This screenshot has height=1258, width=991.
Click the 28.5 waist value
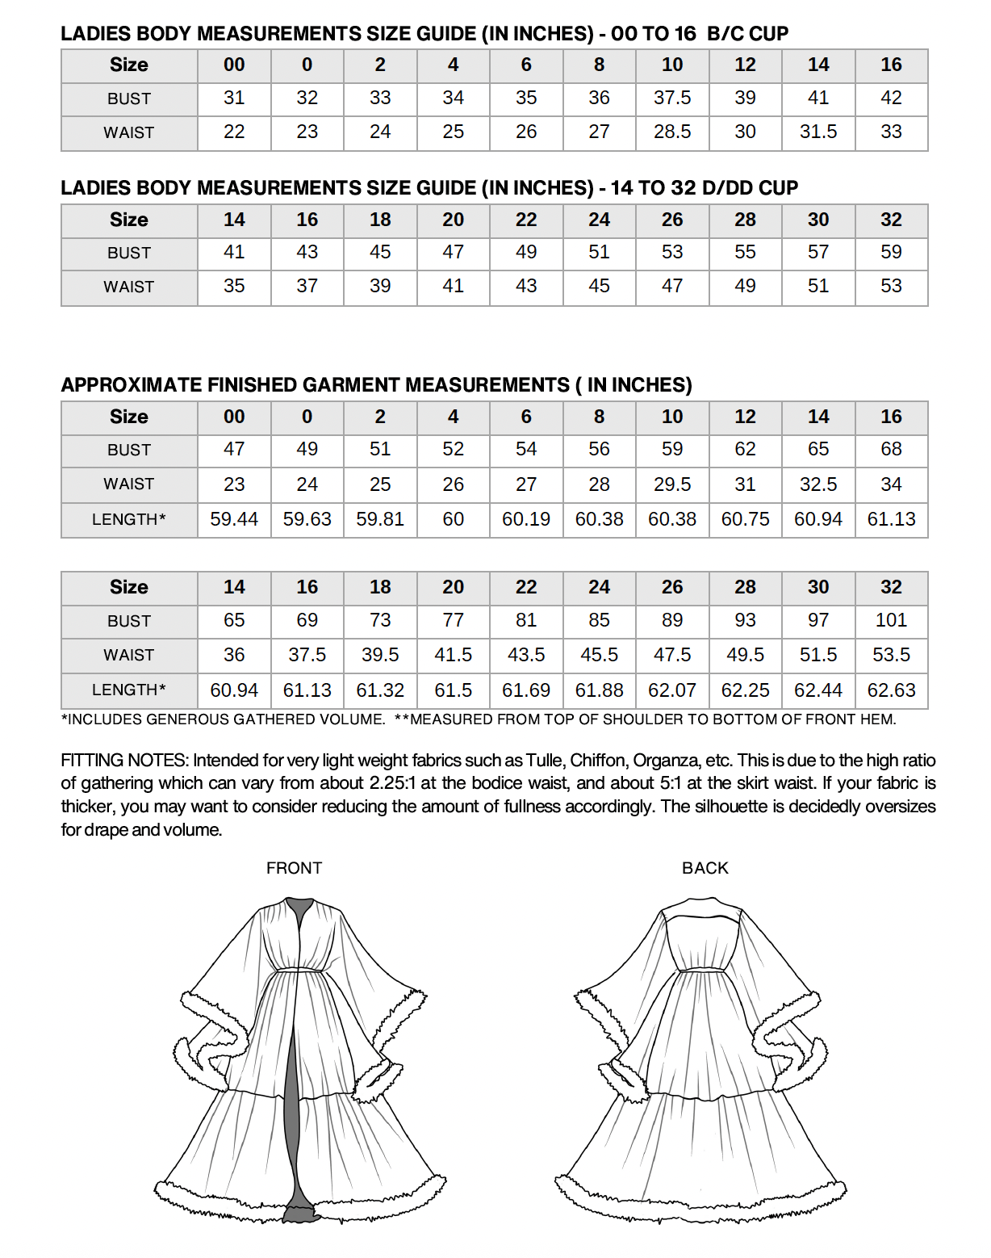click(672, 132)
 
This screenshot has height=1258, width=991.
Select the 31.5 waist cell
click(818, 132)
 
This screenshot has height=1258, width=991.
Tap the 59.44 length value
click(234, 519)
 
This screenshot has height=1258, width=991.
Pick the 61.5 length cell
click(453, 690)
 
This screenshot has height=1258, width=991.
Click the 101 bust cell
click(891, 620)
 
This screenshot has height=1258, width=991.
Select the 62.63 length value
click(891, 690)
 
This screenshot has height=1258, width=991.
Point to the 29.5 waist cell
click(672, 484)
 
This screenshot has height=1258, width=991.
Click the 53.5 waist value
click(891, 655)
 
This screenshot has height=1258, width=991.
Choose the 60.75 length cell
click(745, 519)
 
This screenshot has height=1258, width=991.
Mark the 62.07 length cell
click(672, 690)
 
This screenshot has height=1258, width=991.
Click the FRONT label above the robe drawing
click(294, 868)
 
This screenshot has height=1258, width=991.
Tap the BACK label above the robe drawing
click(705, 868)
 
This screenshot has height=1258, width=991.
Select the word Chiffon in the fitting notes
click(598, 761)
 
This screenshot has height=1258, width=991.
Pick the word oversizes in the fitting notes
click(897, 807)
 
